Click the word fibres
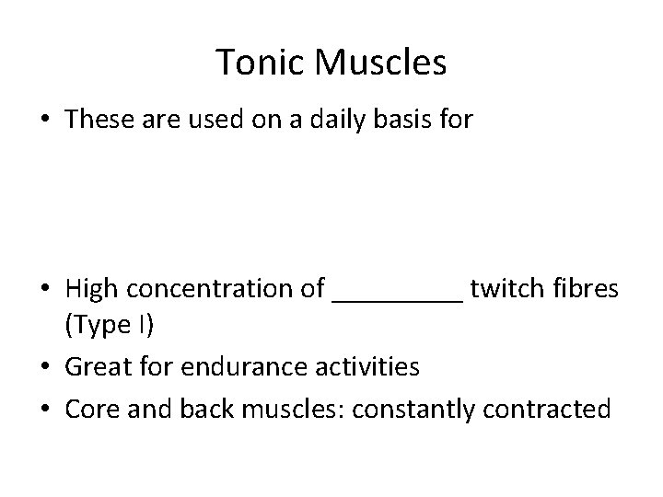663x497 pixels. [587, 290]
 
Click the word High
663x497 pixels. [92, 290]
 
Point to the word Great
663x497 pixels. [97, 367]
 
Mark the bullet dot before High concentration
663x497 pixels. [48, 291]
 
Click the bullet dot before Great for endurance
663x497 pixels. [48, 368]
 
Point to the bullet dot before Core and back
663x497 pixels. [48, 407]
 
